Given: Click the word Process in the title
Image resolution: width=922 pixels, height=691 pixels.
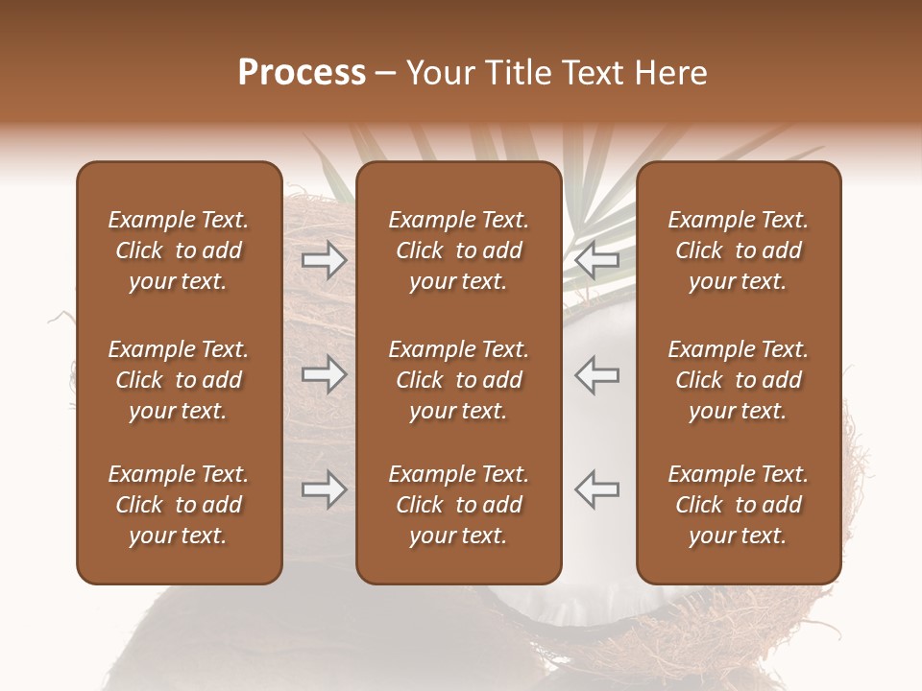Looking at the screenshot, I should pyautogui.click(x=302, y=73).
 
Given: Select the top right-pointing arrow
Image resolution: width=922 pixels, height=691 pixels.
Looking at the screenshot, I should pyautogui.click(x=325, y=260).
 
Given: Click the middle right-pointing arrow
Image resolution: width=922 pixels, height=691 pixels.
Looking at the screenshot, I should pyautogui.click(x=325, y=374).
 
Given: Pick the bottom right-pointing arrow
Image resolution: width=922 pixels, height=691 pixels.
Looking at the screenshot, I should pyautogui.click(x=325, y=489).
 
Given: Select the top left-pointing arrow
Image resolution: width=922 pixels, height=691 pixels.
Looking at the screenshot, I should pyautogui.click(x=596, y=260).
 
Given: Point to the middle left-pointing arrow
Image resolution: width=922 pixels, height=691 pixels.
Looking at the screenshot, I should pyautogui.click(x=596, y=374).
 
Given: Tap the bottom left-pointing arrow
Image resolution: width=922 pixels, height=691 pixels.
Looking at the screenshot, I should pyautogui.click(x=596, y=489).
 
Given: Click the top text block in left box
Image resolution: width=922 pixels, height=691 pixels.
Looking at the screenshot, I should pyautogui.click(x=179, y=250).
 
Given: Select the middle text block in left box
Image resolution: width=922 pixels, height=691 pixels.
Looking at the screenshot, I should pyautogui.click(x=179, y=380).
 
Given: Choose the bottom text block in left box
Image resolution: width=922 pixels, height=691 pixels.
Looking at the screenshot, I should pyautogui.click(x=179, y=505).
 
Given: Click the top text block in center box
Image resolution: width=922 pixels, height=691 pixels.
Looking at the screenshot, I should pyautogui.click(x=458, y=250).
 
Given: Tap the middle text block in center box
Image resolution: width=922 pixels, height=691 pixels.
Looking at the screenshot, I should pyautogui.click(x=458, y=380).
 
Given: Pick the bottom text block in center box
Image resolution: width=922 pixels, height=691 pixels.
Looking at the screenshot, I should pyautogui.click(x=458, y=505).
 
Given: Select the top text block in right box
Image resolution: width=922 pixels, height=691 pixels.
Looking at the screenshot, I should pyautogui.click(x=738, y=250).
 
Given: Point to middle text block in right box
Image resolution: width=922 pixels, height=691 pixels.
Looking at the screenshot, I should pyautogui.click(x=738, y=380).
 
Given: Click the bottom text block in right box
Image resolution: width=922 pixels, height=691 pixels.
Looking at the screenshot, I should pyautogui.click(x=738, y=505).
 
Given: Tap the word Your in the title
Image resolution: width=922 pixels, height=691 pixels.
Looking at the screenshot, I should pyautogui.click(x=438, y=73).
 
